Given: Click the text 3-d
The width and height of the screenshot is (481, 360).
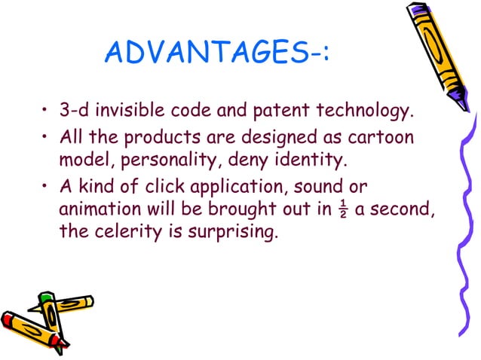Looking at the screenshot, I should pos(75,113).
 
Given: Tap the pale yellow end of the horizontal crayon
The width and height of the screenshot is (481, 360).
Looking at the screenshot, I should pos(89,301).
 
